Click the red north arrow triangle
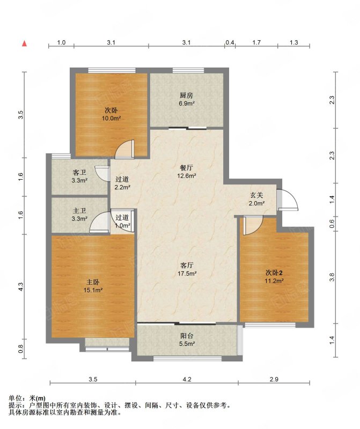pyautogui.click(x=24, y=43)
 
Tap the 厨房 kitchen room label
pyautogui.click(x=186, y=95)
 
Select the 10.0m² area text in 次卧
pyautogui.click(x=112, y=118)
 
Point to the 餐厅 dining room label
pyautogui.click(x=186, y=167)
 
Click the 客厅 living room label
pyautogui.click(x=187, y=265)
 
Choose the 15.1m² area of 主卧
pyautogui.click(x=93, y=290)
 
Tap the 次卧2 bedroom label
pyautogui.click(x=274, y=272)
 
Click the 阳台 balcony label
pyautogui.click(x=187, y=336)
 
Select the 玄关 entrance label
pyautogui.click(x=256, y=195)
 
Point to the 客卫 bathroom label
pyautogui.click(x=79, y=172)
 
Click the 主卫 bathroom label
pyautogui.click(x=79, y=211)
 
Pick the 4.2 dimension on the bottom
pyautogui.click(x=187, y=379)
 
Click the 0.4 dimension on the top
pyautogui.click(x=230, y=42)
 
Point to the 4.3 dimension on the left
pyautogui.click(x=21, y=286)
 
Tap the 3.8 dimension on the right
pyautogui.click(x=332, y=277)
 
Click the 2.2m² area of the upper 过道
pyautogui.click(x=122, y=187)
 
